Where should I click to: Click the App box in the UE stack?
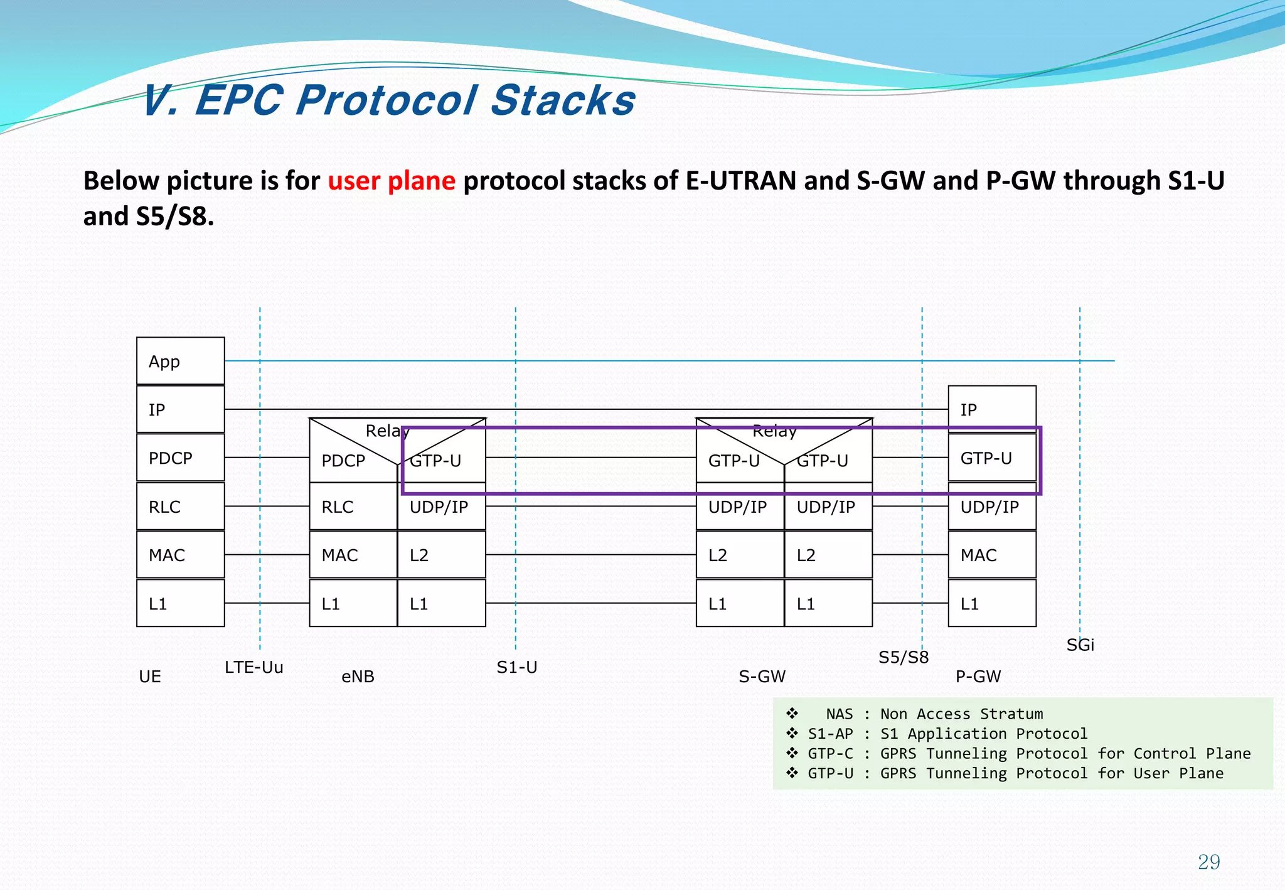pyautogui.click(x=180, y=361)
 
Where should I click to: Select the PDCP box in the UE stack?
pyautogui.click(x=180, y=458)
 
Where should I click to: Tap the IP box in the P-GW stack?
pyautogui.click(x=991, y=409)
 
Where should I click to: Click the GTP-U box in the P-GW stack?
pyautogui.click(x=991, y=458)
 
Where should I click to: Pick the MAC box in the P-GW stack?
pyautogui.click(x=991, y=555)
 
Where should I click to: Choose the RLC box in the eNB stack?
pyautogui.click(x=353, y=507)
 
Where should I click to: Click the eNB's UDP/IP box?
pyautogui.click(x=441, y=507)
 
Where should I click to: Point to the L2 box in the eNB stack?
pyautogui.click(x=441, y=555)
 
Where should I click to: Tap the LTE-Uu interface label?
pyautogui.click(x=254, y=667)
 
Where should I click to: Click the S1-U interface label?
pyautogui.click(x=516, y=667)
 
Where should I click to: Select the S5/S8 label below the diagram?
pyautogui.click(x=903, y=657)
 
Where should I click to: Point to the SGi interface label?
pyautogui.click(x=1080, y=645)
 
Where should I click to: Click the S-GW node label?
pyautogui.click(x=762, y=677)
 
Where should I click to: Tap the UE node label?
pyautogui.click(x=150, y=677)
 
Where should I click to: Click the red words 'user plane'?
pyautogui.click(x=392, y=181)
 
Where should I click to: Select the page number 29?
pyautogui.click(x=1208, y=862)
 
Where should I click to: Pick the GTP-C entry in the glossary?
pyautogui.click(x=830, y=753)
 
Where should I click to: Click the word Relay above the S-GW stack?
pyautogui.click(x=774, y=431)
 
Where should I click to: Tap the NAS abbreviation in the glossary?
pyautogui.click(x=839, y=714)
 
